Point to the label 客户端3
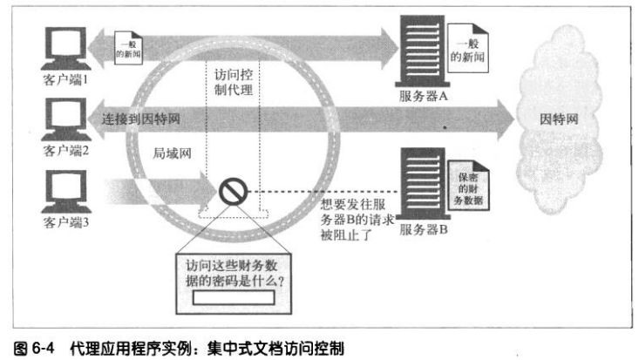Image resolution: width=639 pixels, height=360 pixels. [66, 224]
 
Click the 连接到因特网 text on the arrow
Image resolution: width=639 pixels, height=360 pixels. [141, 117]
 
